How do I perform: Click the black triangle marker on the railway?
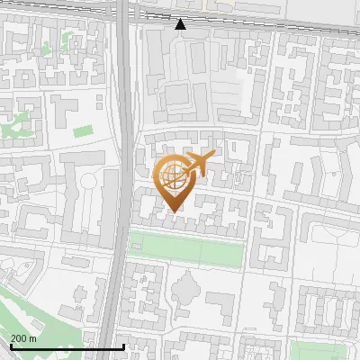[x=181, y=24]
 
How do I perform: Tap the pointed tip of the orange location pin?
[x=173, y=211]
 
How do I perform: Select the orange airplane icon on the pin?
[x=196, y=165]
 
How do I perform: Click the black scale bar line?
[x=67, y=346]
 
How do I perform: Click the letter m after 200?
[x=33, y=338]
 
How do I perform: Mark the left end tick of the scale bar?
[x=11, y=345]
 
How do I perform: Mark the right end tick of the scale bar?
[x=122, y=345]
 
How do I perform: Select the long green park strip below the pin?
[x=186, y=247]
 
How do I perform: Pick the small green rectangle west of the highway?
[x=83, y=131]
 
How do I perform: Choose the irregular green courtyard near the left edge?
[x=18, y=126]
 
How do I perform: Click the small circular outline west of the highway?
[x=89, y=184]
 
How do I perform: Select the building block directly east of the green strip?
[x=270, y=238]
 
